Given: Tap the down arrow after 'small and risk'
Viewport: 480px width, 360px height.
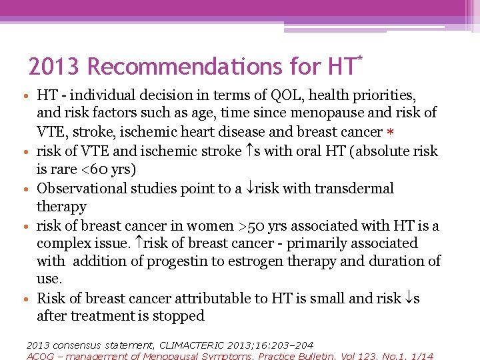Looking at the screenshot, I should click(x=407, y=299).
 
